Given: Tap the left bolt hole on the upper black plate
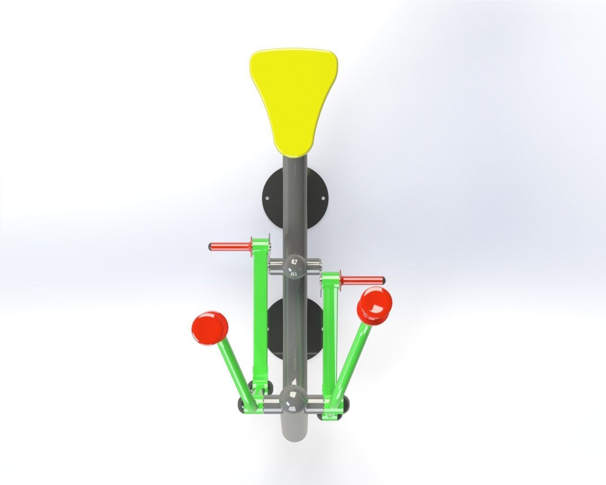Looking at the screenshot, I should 268,198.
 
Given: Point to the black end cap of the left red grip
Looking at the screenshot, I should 210,247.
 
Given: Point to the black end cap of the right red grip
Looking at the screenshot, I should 382,280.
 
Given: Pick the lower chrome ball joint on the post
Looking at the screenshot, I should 294,400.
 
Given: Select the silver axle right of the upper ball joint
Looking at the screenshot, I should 314,265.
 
